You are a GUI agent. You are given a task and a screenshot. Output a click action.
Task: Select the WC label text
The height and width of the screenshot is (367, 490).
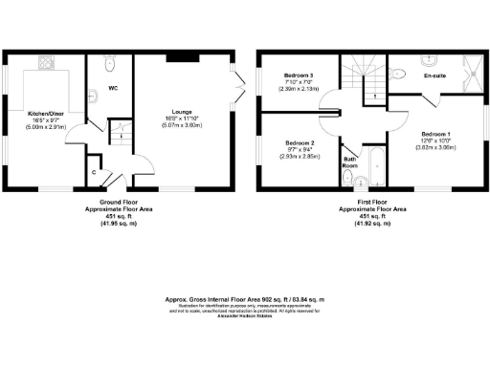tap(112, 89)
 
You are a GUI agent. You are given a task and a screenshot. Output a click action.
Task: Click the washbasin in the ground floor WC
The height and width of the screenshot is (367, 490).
tap(95, 96)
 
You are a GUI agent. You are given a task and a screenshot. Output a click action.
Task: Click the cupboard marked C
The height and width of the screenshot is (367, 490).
tap(93, 172)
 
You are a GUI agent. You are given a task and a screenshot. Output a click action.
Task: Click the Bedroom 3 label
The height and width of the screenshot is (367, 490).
tap(299, 75)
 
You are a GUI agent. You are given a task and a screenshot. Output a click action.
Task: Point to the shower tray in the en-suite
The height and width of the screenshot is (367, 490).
tap(471, 69)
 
